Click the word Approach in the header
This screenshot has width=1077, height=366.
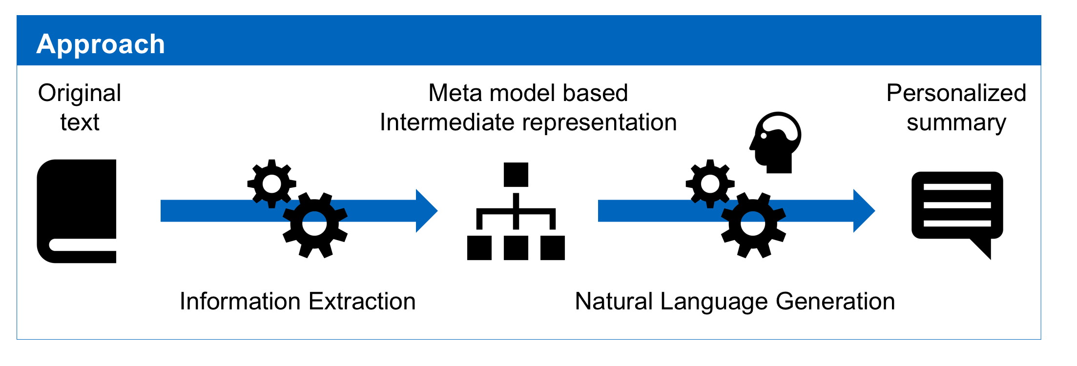point(101,45)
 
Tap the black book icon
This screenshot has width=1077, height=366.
point(77,211)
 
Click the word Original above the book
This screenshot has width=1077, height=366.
point(80,94)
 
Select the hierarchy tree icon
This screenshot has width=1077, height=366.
point(516,211)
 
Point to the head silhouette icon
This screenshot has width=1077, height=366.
point(776,142)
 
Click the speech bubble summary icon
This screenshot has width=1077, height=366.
point(957,215)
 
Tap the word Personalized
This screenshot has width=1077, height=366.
point(956,93)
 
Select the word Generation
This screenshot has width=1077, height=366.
point(835,301)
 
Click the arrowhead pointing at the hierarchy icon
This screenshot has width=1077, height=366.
point(427,211)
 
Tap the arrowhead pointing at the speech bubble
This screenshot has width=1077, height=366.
point(864,211)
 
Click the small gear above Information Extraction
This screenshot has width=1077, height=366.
point(272,184)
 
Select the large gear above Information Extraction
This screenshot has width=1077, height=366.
point(315,225)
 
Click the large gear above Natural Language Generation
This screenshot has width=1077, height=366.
point(753,225)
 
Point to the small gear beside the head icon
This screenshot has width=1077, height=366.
point(710,184)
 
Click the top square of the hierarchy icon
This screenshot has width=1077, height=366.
point(516,175)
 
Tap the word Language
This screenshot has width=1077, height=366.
point(714,302)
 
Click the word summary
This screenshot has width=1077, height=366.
point(956,123)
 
